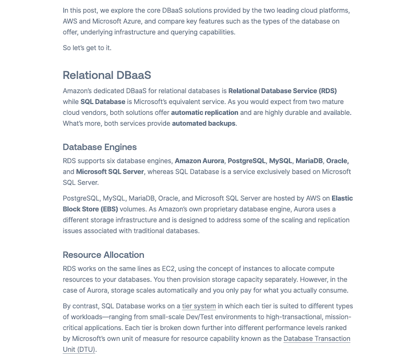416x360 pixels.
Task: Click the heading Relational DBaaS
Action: [x=107, y=75]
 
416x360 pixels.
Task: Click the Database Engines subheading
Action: [x=99, y=147]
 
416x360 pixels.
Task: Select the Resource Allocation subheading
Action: [x=103, y=255]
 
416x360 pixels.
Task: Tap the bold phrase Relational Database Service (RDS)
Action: [x=283, y=90]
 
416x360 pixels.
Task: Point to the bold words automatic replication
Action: [x=204, y=112]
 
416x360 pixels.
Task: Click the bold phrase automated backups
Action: [x=204, y=123]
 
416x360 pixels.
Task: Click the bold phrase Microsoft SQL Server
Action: [x=110, y=171]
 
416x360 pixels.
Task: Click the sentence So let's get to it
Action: [x=87, y=48]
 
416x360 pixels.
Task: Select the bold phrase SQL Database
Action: [x=103, y=101]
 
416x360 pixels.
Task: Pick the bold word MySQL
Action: [x=281, y=161]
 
